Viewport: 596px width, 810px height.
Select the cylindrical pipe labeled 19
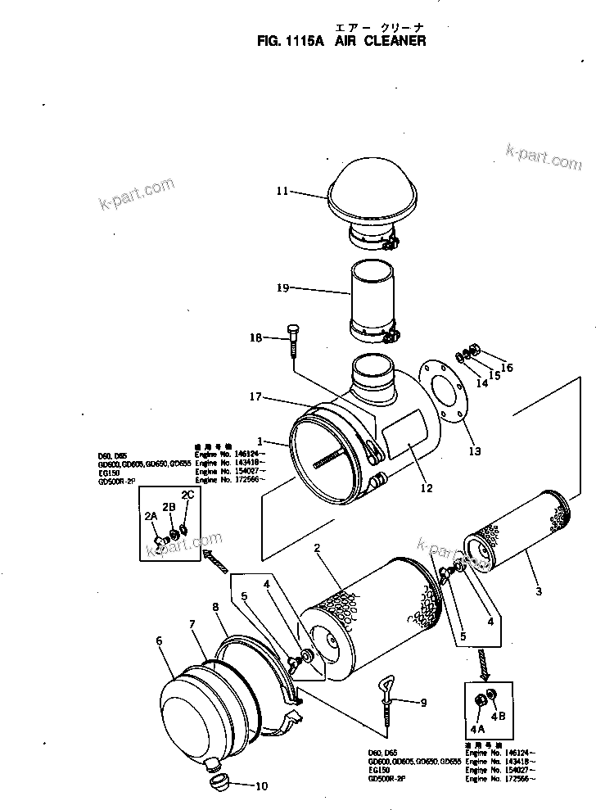pos(372,296)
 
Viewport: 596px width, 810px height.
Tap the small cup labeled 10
pos(218,785)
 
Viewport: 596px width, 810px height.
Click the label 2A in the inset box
pos(151,516)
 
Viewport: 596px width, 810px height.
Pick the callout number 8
pos(215,609)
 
